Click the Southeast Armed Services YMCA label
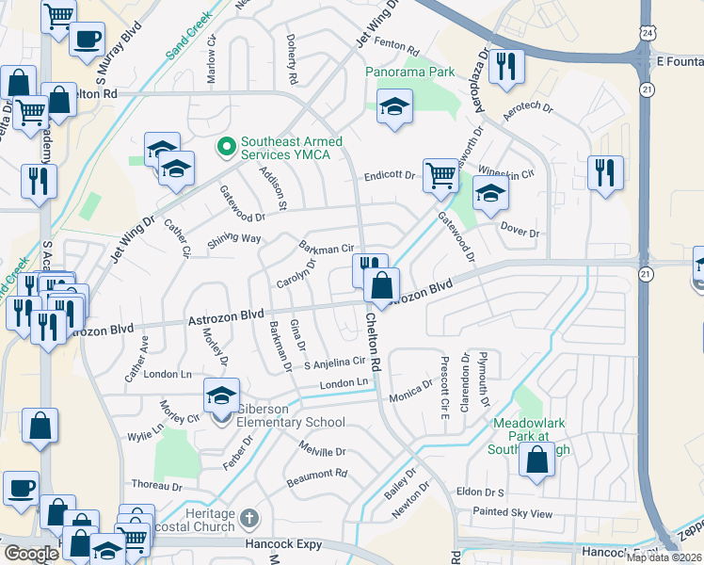[x=292, y=148]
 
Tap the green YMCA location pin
[x=225, y=147]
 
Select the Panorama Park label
[x=410, y=72]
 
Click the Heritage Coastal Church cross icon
[x=248, y=517]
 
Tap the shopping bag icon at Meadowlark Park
[x=536, y=460]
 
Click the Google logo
[x=31, y=554]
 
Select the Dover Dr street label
[x=519, y=233]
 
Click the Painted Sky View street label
[x=515, y=513]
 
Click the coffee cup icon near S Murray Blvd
[x=87, y=40]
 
